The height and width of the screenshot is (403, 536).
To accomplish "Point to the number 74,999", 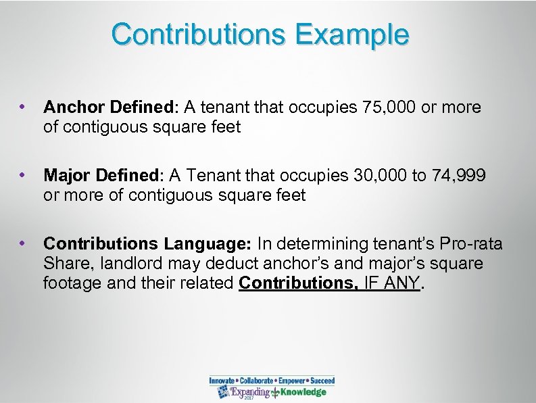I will click(458, 176).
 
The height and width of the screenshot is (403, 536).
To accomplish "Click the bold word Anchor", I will click(72, 108).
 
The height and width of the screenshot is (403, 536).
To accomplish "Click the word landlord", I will click(126, 264).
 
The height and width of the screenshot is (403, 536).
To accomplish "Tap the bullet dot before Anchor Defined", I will click(23, 107).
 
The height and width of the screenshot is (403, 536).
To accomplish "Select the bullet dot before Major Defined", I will click(23, 175).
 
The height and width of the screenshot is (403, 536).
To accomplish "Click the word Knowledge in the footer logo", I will click(303, 392).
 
